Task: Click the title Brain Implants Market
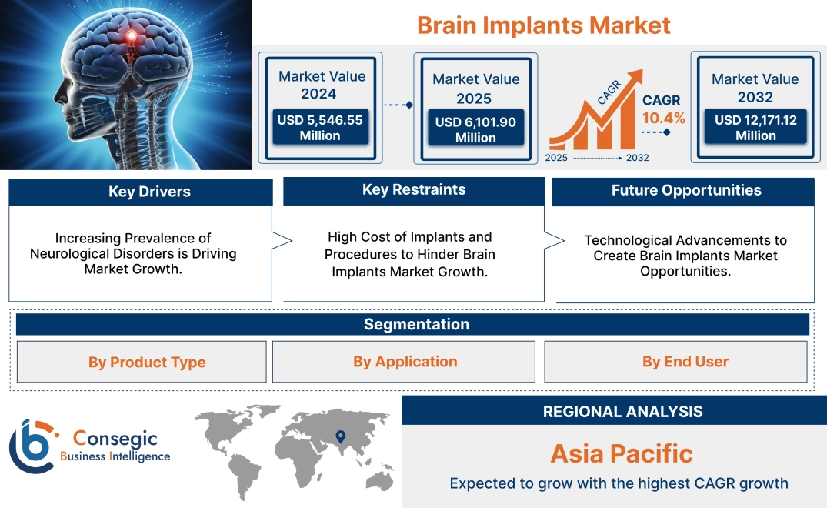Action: click(543, 25)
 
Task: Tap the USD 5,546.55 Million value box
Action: click(319, 128)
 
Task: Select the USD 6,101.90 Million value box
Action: click(475, 129)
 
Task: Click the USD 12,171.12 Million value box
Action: click(755, 128)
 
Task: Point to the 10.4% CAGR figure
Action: click(663, 118)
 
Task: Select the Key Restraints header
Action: click(414, 190)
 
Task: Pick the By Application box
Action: click(405, 362)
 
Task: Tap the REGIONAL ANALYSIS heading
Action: click(622, 411)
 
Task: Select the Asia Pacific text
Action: click(622, 453)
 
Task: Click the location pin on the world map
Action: click(339, 438)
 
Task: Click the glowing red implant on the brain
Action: click(132, 35)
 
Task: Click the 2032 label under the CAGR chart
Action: click(637, 158)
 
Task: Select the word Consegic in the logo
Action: click(115, 439)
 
